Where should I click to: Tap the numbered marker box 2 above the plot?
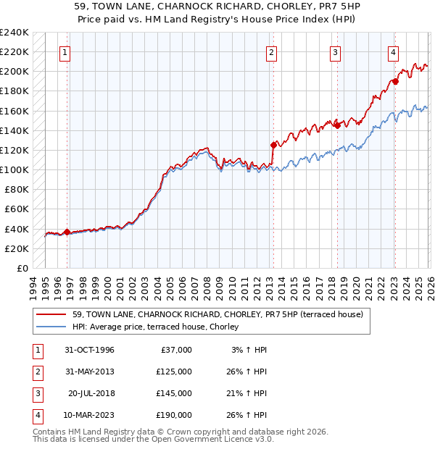(271, 52)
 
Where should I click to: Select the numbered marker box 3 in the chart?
(335, 52)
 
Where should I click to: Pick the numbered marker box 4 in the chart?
(392, 52)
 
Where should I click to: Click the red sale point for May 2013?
(273, 144)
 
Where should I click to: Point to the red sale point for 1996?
(67, 232)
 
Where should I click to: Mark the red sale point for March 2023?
(395, 81)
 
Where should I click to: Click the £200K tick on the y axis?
(14, 72)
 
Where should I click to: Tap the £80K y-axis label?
(16, 190)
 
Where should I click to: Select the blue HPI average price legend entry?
(159, 327)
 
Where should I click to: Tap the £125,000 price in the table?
(175, 372)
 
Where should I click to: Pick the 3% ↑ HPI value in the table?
(250, 350)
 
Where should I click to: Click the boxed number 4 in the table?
(36, 415)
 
